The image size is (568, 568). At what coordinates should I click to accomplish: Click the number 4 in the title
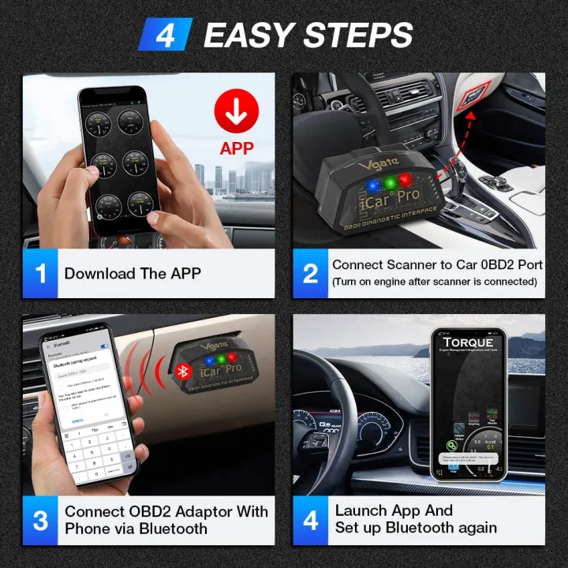coord(165,35)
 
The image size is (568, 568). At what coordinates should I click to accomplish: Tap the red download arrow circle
coord(236,111)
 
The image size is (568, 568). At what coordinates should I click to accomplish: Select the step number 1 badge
coord(40,274)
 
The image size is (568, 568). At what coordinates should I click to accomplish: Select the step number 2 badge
coord(311,274)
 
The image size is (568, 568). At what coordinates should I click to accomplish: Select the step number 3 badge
coord(40,521)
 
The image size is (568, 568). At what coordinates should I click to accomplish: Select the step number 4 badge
coord(311,521)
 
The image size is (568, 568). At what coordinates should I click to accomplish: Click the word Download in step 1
coord(100,274)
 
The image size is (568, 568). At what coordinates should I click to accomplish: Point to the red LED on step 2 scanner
coord(405,179)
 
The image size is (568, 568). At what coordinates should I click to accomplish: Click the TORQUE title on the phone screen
coord(468,342)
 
